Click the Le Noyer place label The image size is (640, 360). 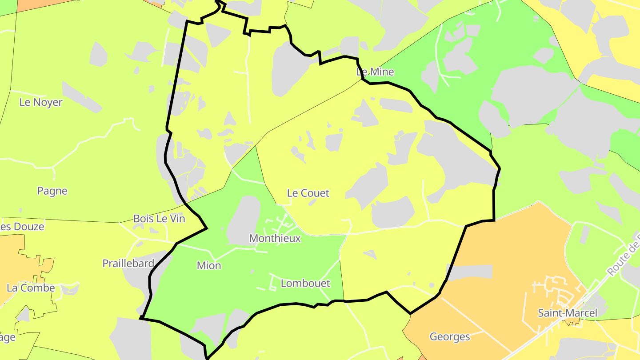point(41,102)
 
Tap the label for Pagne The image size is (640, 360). point(52,191)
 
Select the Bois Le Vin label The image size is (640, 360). point(159,219)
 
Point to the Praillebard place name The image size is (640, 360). point(128,263)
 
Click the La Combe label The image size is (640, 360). point(31,288)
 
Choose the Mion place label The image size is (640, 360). point(209,266)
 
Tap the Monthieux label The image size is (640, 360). point(275,239)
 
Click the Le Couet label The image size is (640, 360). point(308,193)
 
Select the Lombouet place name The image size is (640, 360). point(305,284)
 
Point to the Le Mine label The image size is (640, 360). point(375,72)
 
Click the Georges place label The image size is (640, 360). point(450,337)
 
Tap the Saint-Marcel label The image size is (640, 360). point(568,313)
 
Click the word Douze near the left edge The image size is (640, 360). point(29,227)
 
